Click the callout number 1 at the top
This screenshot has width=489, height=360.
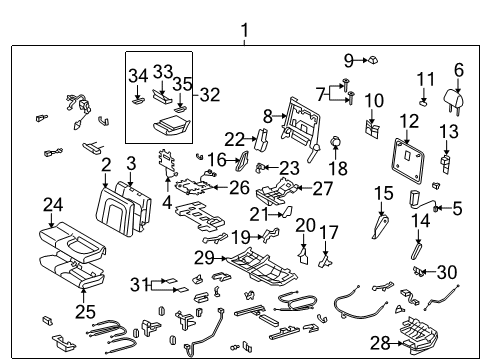click(x=243, y=31)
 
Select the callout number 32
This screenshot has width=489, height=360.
click(x=209, y=95)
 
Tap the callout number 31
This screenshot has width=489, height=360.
click(x=140, y=283)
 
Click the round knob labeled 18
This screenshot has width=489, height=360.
click(x=335, y=144)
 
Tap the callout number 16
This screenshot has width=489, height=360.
click(x=217, y=160)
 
